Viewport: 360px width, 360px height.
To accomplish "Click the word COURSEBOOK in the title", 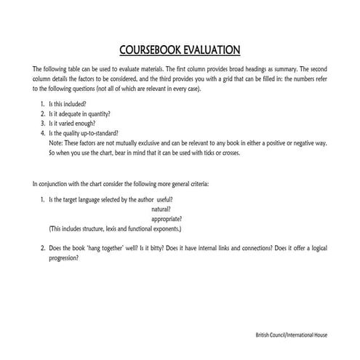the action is click(150, 51).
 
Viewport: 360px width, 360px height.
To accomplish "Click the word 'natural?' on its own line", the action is click(161, 209).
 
